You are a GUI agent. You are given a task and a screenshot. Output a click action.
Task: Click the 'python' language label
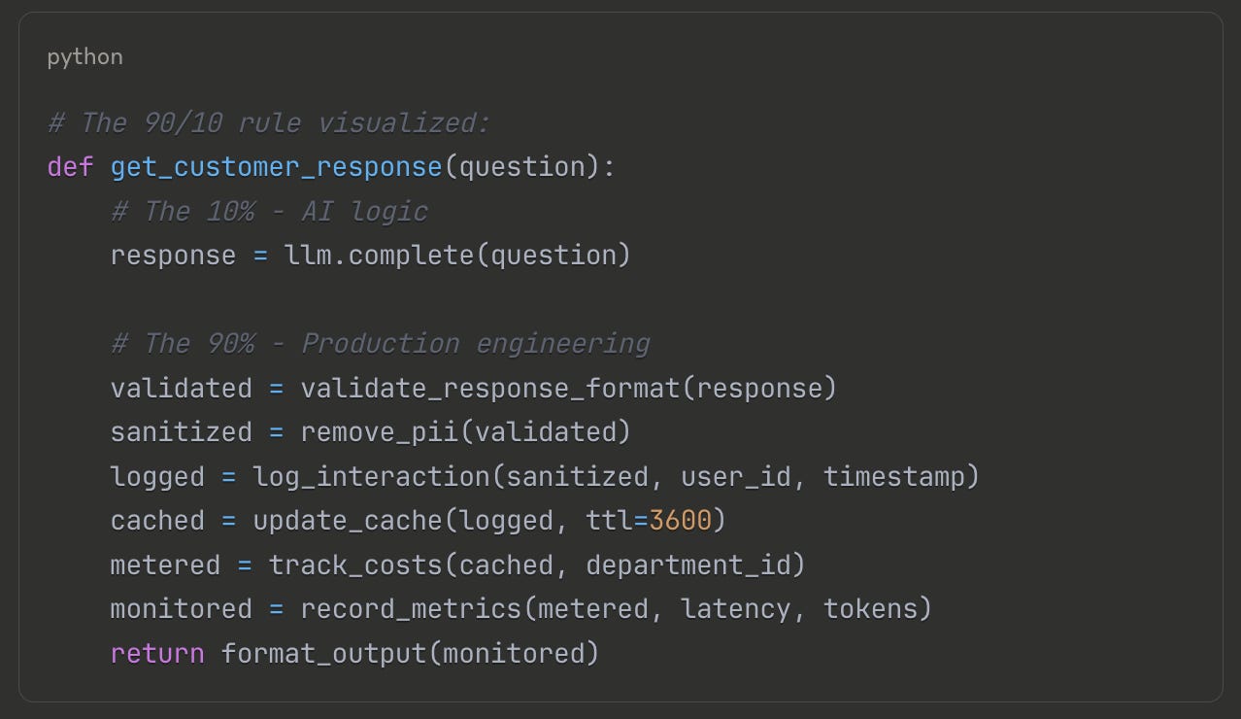click(84, 56)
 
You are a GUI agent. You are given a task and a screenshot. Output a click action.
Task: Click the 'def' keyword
click(70, 167)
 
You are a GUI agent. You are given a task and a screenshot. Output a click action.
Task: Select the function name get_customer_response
click(276, 167)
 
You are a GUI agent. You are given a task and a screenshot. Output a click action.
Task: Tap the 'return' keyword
click(157, 653)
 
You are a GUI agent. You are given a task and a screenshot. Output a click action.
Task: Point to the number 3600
click(680, 521)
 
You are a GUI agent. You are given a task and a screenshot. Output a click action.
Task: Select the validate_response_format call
click(490, 389)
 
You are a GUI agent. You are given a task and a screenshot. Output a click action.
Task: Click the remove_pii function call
click(379, 432)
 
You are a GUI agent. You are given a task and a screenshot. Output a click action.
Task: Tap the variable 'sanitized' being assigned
click(181, 432)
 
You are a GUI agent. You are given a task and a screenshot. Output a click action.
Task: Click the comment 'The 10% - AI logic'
click(269, 212)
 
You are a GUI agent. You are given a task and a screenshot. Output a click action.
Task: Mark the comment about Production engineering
click(380, 344)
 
